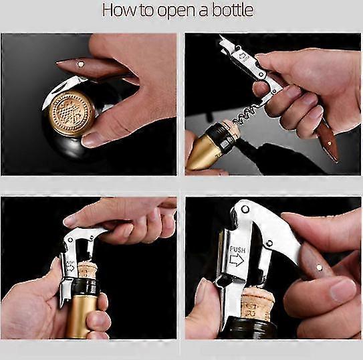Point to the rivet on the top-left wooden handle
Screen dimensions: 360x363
81,64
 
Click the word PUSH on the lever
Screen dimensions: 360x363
237,250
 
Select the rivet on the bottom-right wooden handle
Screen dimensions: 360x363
320,267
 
